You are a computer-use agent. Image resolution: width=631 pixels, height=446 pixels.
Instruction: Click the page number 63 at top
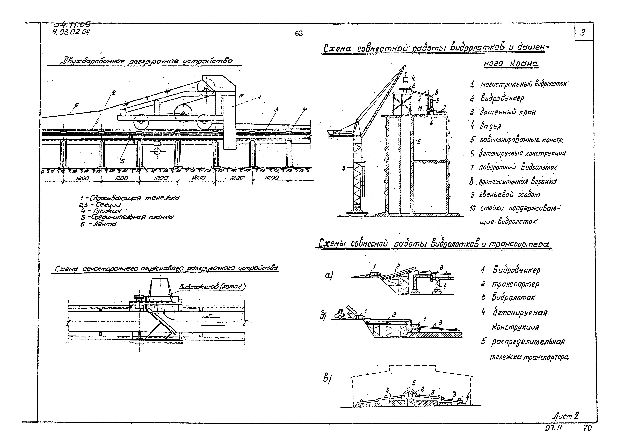pos(299,34)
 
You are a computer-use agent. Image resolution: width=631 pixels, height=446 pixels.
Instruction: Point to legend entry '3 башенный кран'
pos(503,112)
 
